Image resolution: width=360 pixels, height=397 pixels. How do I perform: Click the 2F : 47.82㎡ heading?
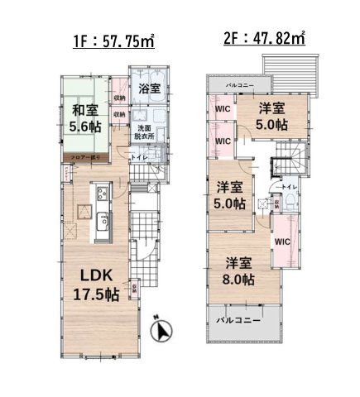pos(263,38)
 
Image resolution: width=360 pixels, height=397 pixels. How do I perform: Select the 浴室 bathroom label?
pos(149,88)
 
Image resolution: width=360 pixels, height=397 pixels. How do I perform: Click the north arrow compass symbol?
pos(164,332)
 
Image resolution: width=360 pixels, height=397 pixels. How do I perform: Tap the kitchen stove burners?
pos(102,196)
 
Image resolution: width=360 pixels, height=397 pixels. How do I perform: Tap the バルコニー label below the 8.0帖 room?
pos(238,318)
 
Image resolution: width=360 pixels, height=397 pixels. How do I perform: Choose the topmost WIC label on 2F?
pos(222,108)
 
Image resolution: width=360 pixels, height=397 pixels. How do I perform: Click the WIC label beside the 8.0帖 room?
pos(281,242)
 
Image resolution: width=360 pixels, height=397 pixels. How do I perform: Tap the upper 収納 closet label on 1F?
pos(120,98)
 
